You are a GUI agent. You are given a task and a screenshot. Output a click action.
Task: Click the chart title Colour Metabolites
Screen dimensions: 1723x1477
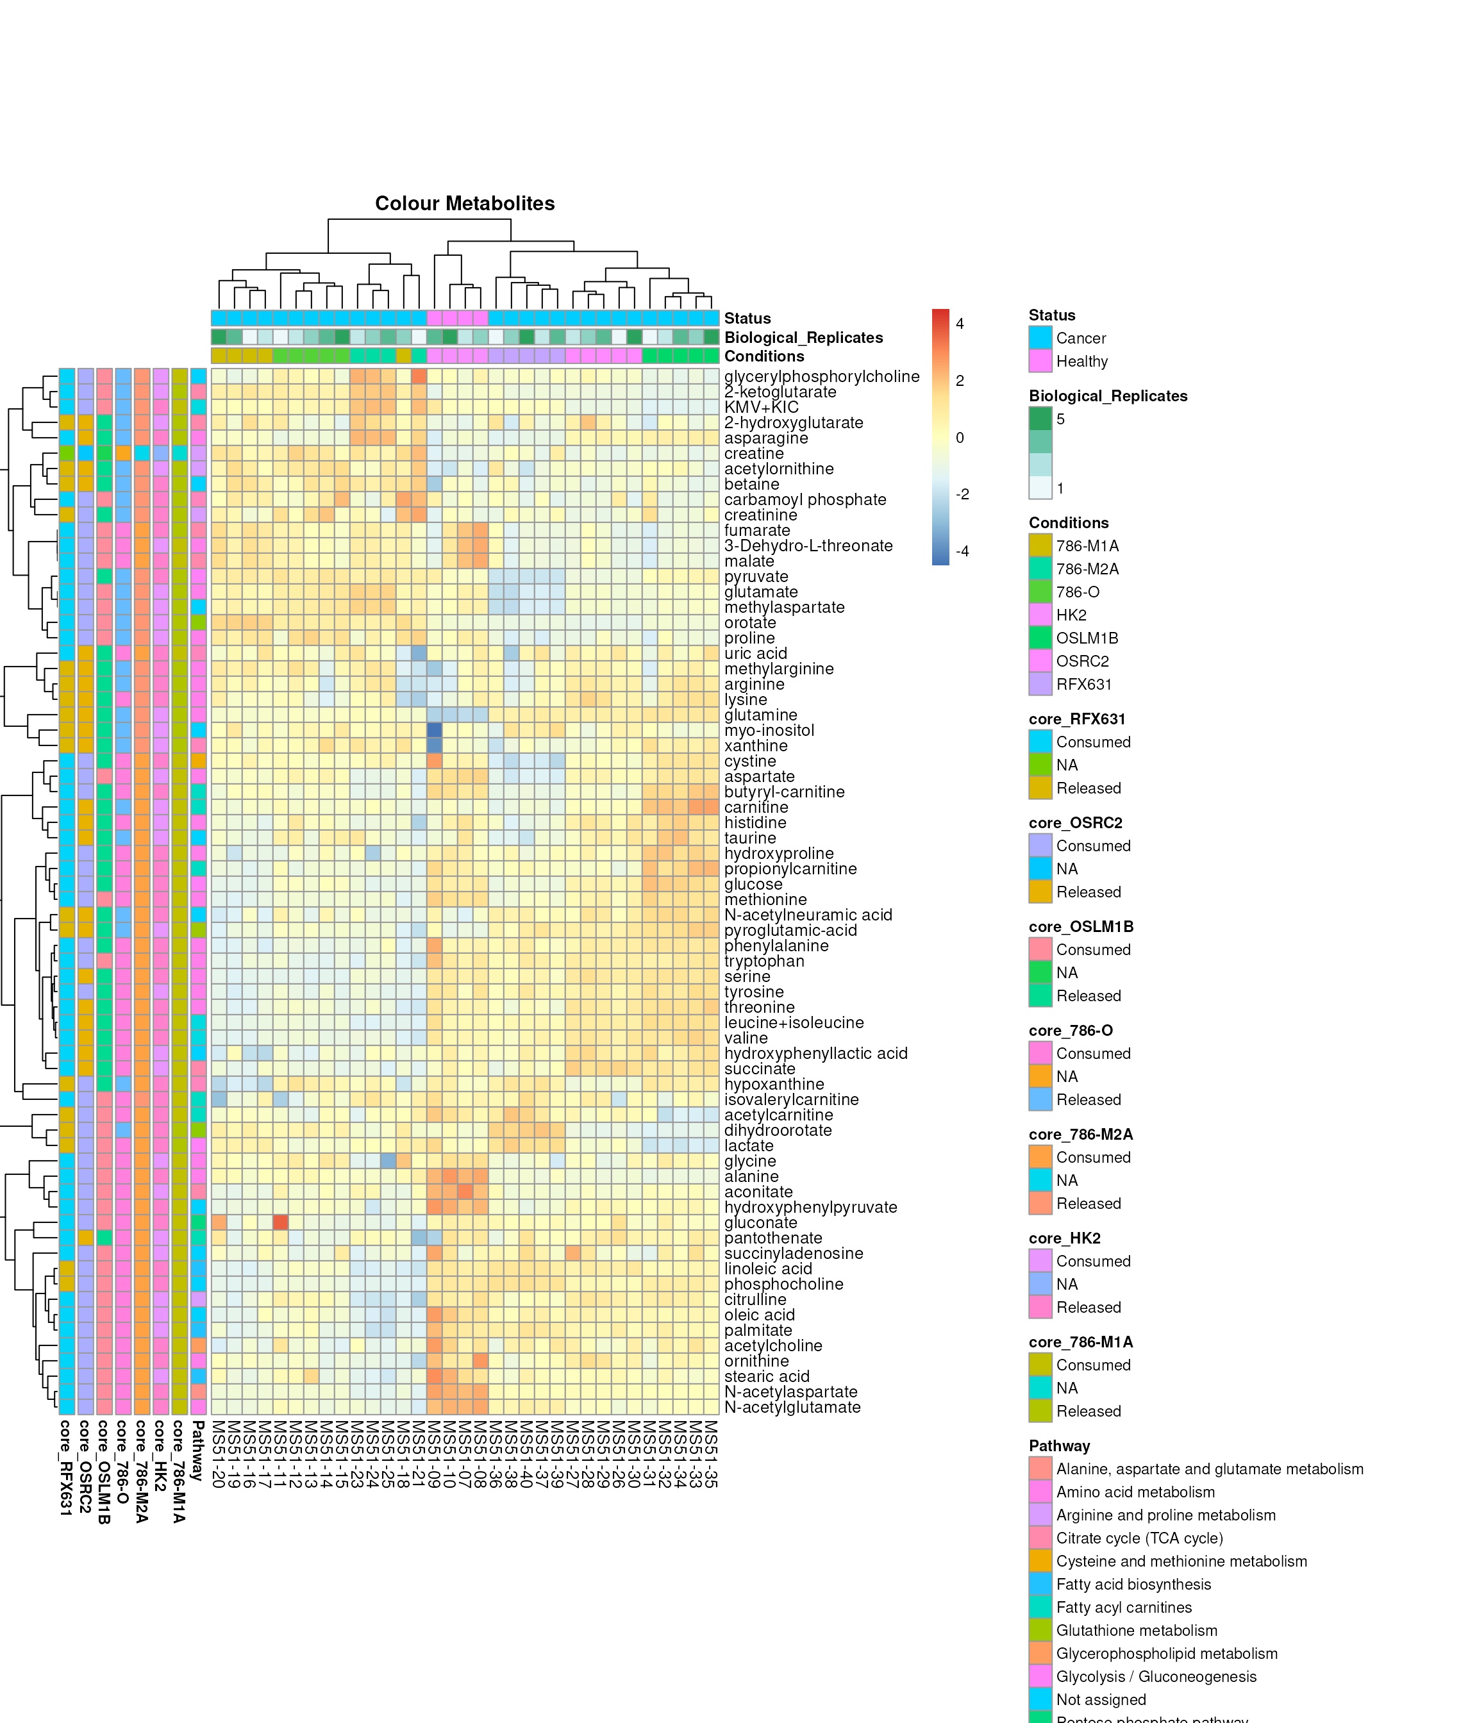click(x=464, y=204)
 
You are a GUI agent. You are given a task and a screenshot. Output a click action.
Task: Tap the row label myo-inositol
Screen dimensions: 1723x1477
click(x=769, y=730)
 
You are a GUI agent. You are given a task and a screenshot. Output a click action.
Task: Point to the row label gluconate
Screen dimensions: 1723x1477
click(x=760, y=1222)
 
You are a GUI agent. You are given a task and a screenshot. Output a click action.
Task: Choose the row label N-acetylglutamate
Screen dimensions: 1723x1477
click(x=792, y=1407)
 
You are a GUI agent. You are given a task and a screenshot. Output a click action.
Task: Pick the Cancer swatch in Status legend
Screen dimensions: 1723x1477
click(x=1040, y=338)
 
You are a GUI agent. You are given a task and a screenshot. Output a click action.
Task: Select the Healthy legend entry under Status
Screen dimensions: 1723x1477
click(x=1081, y=362)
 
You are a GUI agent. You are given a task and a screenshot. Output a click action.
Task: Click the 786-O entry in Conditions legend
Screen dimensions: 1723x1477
click(x=1077, y=592)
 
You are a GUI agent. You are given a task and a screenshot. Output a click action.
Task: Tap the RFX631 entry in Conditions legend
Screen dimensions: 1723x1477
click(x=1083, y=685)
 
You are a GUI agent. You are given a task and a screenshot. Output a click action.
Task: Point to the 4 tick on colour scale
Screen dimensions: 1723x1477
click(x=960, y=324)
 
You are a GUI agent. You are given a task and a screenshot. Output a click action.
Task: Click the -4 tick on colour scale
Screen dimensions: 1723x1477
click(x=962, y=551)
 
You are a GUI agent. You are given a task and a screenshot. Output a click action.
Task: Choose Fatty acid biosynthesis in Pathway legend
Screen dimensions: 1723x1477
click(x=1133, y=1584)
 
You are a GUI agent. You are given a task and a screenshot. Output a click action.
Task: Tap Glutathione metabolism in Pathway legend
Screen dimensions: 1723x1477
click(x=1136, y=1631)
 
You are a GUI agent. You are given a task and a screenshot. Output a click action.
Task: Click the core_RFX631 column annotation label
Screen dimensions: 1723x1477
click(x=65, y=1468)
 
